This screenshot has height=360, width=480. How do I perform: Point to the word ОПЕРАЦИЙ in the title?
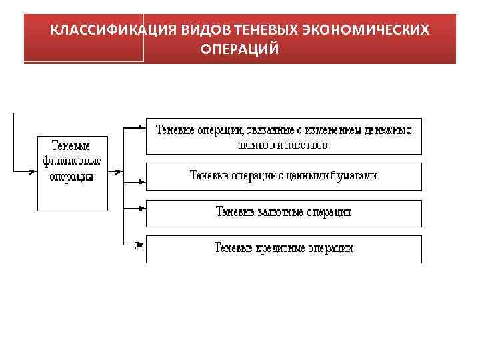coord(240,49)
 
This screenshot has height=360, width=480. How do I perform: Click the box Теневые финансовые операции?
coord(72,173)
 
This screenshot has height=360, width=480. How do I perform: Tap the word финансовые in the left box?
coord(72,161)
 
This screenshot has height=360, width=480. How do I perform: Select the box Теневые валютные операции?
coord(283,212)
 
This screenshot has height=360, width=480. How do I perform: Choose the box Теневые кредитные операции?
coord(283,248)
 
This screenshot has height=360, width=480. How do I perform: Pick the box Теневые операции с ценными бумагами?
coord(283,176)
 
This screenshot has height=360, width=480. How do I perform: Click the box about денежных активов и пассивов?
coord(283,137)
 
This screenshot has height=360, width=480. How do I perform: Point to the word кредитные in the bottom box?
coord(281,248)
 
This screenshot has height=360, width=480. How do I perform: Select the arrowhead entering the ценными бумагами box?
coord(141,179)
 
